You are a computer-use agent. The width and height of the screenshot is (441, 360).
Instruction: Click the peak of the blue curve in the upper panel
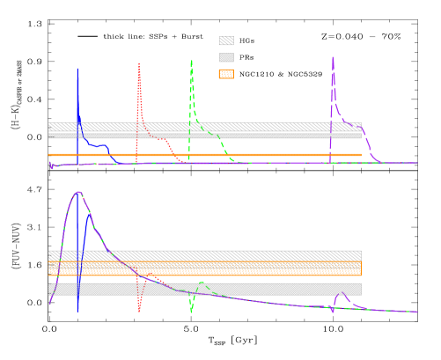click(x=77, y=69)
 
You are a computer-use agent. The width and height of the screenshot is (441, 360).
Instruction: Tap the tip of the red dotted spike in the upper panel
click(x=139, y=63)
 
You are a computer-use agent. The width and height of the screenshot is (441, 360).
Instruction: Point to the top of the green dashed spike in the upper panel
click(x=191, y=61)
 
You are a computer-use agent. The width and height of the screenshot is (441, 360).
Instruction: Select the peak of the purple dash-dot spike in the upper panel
click(x=333, y=58)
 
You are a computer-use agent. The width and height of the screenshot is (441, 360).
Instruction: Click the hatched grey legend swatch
click(x=226, y=40)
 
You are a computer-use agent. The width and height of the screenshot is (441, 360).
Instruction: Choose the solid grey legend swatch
click(x=226, y=57)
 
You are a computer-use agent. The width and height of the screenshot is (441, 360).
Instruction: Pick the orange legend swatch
click(x=226, y=74)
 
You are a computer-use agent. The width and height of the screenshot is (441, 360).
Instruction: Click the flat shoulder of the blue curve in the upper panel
click(x=99, y=144)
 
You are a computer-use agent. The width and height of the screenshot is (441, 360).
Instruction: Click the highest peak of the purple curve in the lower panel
click(x=78, y=192)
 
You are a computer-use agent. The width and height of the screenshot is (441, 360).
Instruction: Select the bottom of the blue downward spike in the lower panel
click(x=77, y=311)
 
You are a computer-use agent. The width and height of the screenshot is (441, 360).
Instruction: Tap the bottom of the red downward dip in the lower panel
click(x=139, y=311)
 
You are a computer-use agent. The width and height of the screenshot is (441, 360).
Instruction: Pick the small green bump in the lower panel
click(x=202, y=282)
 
